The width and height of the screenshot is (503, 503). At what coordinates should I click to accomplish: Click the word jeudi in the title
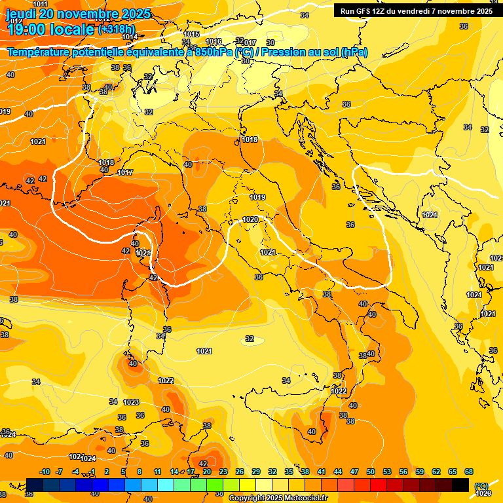24,14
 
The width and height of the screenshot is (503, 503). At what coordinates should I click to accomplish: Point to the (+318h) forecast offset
117,29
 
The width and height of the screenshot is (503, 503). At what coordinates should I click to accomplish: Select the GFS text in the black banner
365,11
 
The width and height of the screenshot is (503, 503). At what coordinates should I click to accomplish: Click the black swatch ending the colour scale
460,485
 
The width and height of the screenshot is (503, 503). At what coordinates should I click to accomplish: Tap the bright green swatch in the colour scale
215,485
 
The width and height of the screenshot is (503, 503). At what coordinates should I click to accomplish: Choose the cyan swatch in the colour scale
166,485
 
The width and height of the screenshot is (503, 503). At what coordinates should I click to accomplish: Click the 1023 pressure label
131,402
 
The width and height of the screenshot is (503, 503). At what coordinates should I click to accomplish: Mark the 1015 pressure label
192,34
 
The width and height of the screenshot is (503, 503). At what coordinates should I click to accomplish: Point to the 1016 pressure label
214,41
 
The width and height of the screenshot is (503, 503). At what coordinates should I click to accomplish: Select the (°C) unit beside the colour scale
481,486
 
